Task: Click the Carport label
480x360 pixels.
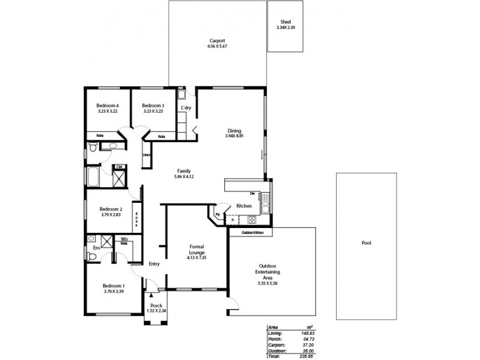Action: [217, 40]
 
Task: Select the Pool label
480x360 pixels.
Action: [366, 244]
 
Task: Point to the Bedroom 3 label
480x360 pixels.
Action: [153, 106]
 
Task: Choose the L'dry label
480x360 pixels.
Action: [186, 108]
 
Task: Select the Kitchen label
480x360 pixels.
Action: [244, 206]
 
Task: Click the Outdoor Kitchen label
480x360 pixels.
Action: [253, 232]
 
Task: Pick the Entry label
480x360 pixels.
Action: [154, 263]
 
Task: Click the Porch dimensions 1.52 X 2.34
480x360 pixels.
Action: [156, 310]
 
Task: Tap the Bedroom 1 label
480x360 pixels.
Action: [113, 286]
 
